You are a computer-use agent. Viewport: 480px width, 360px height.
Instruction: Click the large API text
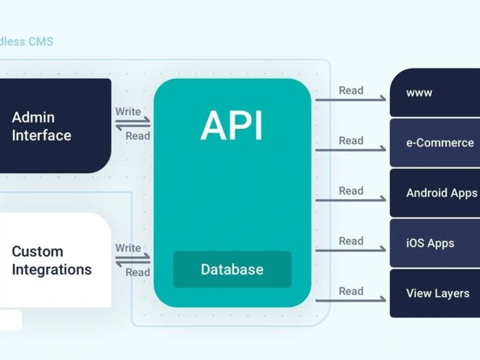[232, 126]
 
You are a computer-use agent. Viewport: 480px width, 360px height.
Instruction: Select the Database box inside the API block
[232, 269]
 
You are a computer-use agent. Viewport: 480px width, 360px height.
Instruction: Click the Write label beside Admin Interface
[128, 112]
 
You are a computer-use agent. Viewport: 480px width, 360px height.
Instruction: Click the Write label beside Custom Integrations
[128, 248]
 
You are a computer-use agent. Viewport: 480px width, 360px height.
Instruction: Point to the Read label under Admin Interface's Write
[138, 136]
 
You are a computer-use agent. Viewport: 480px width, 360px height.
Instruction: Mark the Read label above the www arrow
[351, 90]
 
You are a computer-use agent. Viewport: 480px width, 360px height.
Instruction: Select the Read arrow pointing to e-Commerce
[350, 150]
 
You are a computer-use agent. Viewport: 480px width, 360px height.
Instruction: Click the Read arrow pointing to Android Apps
[350, 200]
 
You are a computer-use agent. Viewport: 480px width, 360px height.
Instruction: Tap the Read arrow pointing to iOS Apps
[350, 250]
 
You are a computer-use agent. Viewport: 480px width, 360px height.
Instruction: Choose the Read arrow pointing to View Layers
[350, 300]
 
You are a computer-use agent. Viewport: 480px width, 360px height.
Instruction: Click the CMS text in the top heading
[41, 41]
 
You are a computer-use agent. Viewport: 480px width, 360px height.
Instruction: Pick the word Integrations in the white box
[52, 269]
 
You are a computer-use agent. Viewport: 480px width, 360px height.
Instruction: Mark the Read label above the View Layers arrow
[351, 291]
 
